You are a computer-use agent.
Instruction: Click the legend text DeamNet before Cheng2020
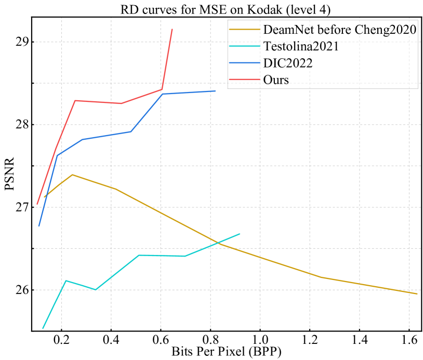pos(340,30)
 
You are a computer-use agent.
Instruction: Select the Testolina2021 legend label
pos(301,46)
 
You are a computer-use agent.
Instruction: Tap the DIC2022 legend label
pos(288,63)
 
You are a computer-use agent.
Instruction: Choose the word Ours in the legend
pos(276,79)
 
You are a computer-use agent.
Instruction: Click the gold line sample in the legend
pos(245,30)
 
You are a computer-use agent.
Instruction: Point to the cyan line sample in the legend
pos(245,46)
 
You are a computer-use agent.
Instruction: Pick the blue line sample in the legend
pos(245,63)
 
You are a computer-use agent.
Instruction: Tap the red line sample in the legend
pos(245,79)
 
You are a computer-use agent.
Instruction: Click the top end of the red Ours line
pos(172,30)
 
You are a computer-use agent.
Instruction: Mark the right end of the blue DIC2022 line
pos(215,91)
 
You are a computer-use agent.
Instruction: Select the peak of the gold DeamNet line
pos(72,175)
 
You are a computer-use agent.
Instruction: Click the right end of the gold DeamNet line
pos(417,294)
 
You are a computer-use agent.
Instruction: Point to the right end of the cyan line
pos(240,234)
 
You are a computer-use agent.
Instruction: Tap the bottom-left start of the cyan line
pos(43,328)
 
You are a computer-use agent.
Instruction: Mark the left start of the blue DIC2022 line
pos(38,226)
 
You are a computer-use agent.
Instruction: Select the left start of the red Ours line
pos(37,205)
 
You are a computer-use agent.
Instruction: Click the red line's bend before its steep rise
pos(162,89)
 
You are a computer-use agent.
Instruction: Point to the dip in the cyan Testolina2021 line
pos(96,289)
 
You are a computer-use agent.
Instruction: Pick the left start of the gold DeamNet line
pos(45,197)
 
